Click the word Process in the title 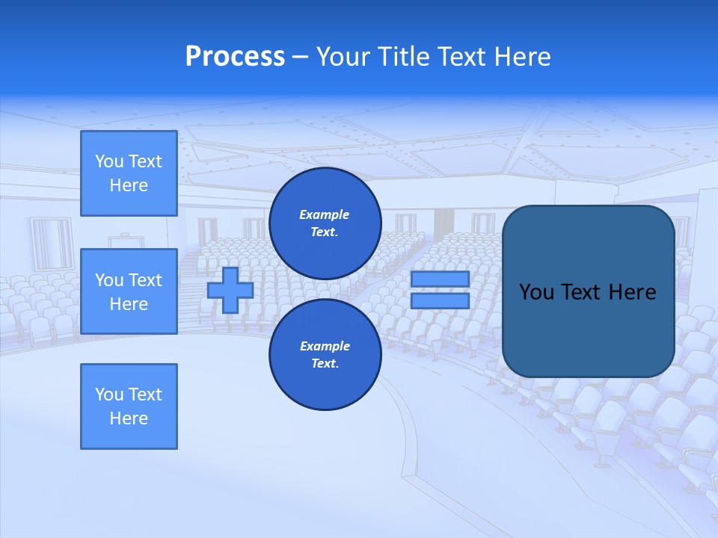[x=235, y=57]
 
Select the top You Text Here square [x=129, y=173]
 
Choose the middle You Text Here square [x=129, y=291]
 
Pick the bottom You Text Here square [x=129, y=406]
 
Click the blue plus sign [x=230, y=290]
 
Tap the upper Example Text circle [x=325, y=223]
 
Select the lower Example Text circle [x=325, y=355]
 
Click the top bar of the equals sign [x=440, y=279]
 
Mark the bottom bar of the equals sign [x=440, y=301]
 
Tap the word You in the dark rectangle [x=536, y=292]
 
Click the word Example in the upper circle [x=325, y=215]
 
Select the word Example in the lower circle [x=325, y=347]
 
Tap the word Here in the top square [x=129, y=185]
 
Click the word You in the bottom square [x=109, y=395]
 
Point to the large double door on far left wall [x=51, y=244]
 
